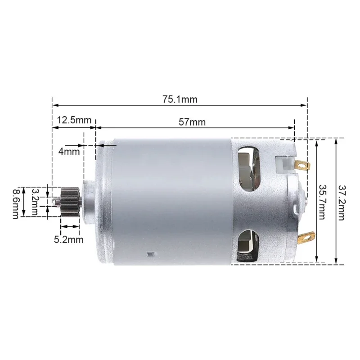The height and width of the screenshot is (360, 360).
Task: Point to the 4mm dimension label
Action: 69,151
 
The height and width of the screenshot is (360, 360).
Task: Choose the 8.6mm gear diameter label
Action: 16,202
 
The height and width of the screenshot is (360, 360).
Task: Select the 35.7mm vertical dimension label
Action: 322,201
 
